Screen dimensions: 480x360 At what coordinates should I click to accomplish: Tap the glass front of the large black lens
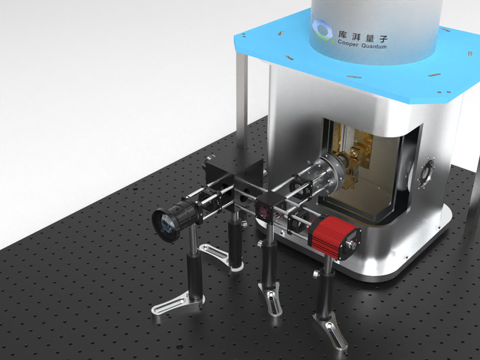(x=166, y=225)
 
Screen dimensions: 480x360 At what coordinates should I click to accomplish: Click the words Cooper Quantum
(x=361, y=43)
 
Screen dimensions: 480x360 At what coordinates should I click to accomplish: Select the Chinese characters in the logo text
(x=363, y=35)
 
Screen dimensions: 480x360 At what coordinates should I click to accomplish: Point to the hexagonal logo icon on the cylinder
(x=322, y=29)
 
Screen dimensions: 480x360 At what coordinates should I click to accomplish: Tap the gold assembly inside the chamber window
(x=355, y=159)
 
